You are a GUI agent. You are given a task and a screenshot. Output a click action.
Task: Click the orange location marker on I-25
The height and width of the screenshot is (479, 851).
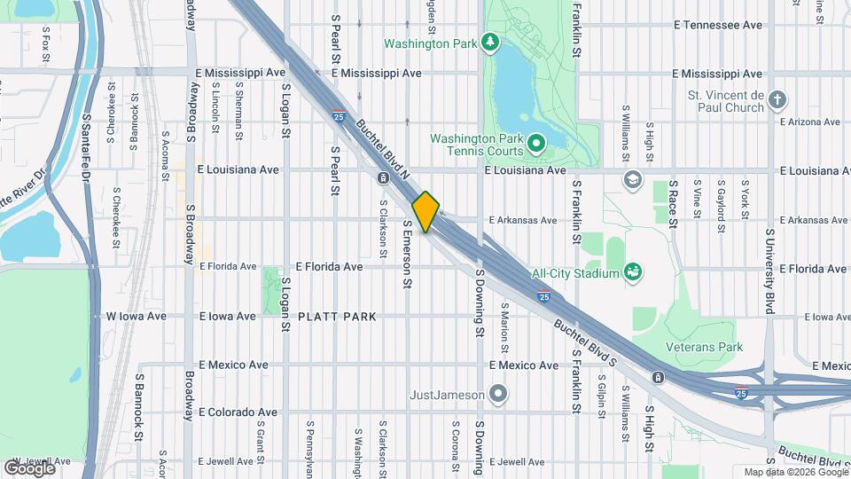coord(425,211)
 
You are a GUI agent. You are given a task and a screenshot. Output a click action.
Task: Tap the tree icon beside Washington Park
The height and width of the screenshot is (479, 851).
coord(488,43)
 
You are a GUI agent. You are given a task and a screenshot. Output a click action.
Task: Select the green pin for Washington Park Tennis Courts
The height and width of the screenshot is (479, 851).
coord(535,143)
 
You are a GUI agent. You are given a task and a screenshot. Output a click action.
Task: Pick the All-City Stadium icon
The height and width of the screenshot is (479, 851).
coord(633,271)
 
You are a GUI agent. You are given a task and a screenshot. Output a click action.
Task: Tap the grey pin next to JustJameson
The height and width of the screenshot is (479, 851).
coord(498,393)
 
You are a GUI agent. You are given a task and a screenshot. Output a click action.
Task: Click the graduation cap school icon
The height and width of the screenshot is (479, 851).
coord(632,179)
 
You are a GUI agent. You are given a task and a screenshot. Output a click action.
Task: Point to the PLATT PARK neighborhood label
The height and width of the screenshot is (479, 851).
coord(337,317)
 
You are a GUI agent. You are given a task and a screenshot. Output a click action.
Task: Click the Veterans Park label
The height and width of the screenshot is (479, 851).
coord(706,347)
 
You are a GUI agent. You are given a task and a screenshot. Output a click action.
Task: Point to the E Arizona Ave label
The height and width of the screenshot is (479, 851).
coord(813,122)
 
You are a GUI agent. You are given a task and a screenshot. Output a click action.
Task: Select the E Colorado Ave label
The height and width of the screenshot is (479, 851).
coord(238,412)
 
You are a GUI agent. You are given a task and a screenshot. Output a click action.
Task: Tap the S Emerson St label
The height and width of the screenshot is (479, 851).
coord(408,255)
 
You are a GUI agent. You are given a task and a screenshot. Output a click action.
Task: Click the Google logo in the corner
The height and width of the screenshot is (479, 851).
coord(29,467)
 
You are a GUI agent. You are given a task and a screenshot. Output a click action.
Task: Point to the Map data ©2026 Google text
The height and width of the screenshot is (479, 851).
coord(795,472)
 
